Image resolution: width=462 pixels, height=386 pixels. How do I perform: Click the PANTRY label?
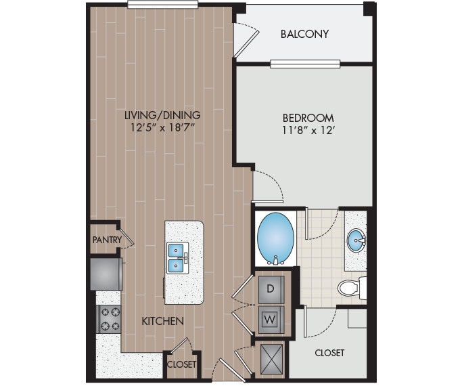pos(107,240)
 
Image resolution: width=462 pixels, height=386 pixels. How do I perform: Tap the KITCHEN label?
pos(162,321)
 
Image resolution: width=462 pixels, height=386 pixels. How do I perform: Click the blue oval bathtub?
pos(275,237)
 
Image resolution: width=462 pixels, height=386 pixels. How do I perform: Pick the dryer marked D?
pos(271,288)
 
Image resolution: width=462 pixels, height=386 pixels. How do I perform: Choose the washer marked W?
pos(271,317)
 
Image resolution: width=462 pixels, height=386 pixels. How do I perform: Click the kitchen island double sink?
pos(176,257)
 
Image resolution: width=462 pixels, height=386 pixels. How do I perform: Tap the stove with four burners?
pos(110,318)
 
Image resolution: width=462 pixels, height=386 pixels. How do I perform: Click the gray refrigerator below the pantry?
pos(106,274)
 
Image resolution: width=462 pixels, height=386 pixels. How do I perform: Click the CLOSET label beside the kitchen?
pos(181,364)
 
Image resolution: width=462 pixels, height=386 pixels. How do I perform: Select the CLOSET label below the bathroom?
pos(329,353)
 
